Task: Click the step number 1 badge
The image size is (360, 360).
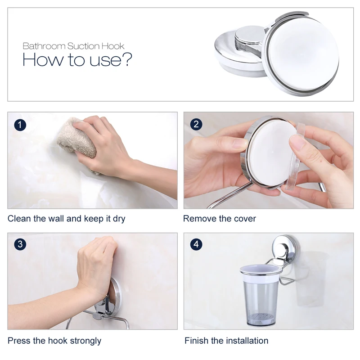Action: [x=20, y=125]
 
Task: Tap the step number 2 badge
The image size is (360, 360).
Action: [x=196, y=125]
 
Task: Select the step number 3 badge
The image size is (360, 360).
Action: [x=20, y=244]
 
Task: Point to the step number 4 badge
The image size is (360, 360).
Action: [x=196, y=244]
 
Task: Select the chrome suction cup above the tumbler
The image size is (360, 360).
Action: [x=286, y=248]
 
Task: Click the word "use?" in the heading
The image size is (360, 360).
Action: [x=111, y=60]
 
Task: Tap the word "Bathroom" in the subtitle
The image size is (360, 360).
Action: [x=44, y=46]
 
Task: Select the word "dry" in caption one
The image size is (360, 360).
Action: [x=119, y=219]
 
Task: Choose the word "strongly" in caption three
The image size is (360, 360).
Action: [x=85, y=341]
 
